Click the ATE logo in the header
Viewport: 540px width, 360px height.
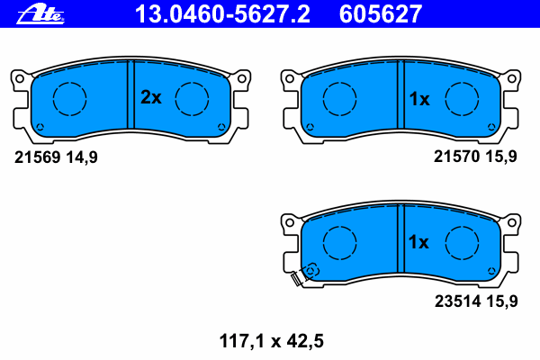click(x=40, y=14)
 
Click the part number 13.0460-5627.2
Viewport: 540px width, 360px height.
click(x=222, y=14)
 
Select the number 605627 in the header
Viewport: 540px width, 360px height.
click(x=381, y=14)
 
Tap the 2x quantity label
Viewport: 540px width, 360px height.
click(x=151, y=97)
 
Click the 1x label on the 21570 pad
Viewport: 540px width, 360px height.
click(x=419, y=99)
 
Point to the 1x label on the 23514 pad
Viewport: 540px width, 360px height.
click(x=418, y=242)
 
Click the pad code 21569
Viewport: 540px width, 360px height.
click(x=38, y=157)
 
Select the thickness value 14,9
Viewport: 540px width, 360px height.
click(x=82, y=157)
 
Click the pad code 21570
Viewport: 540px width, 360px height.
click(x=456, y=157)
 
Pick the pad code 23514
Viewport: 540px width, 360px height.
click(x=458, y=301)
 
